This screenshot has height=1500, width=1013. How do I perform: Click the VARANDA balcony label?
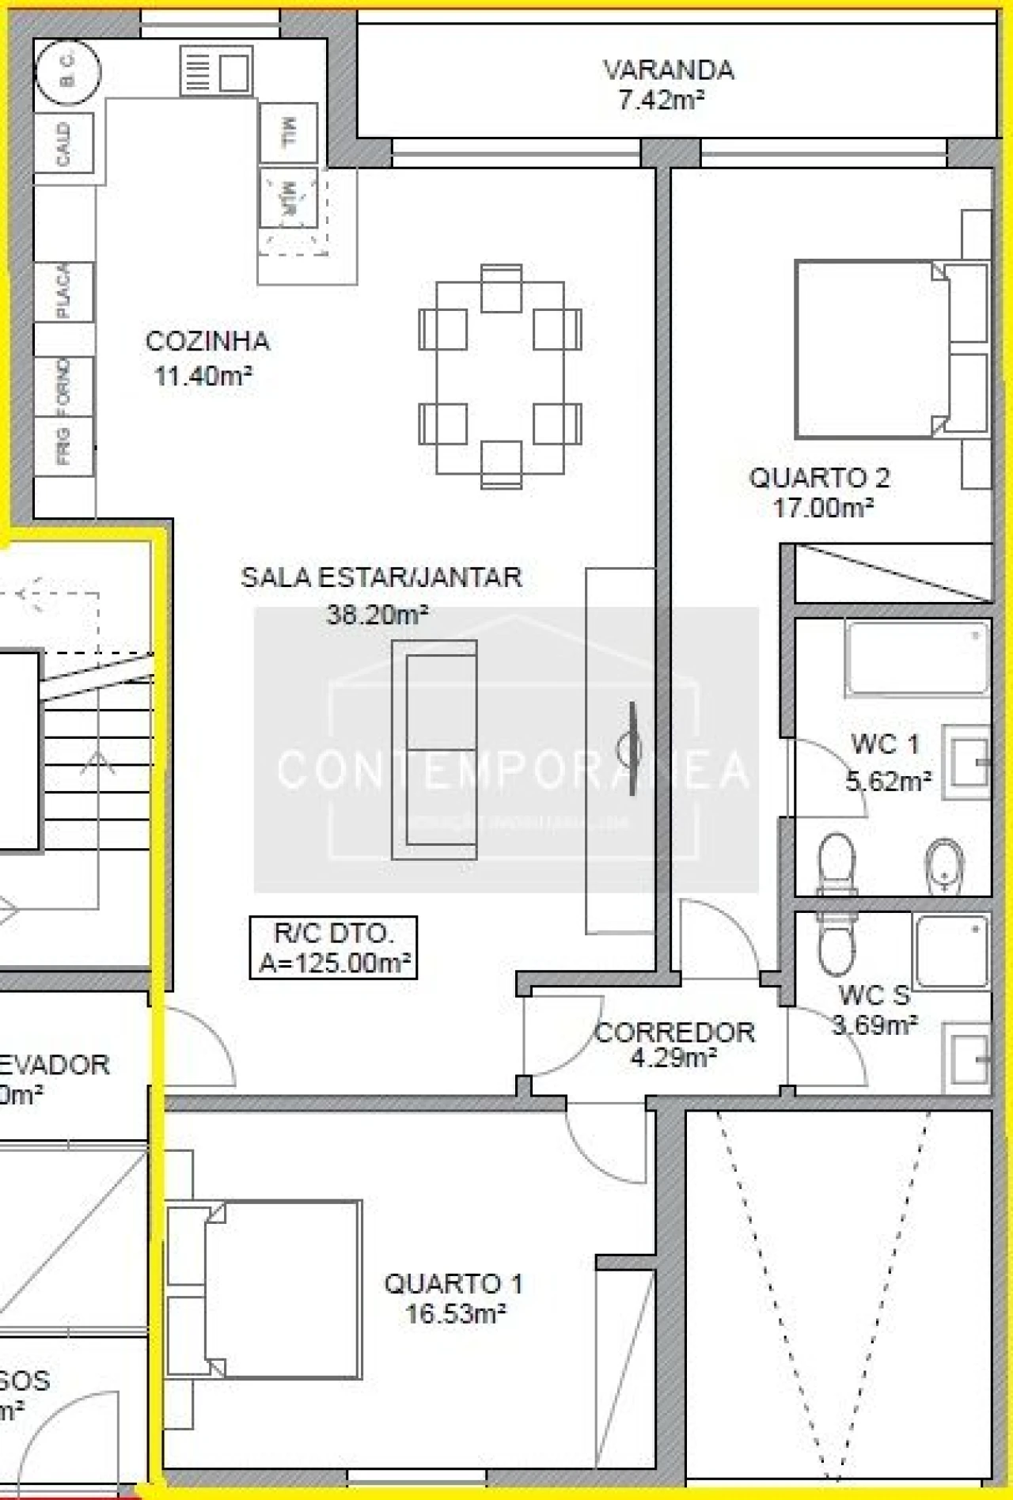[669, 70]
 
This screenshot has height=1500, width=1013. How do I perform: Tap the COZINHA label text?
[207, 342]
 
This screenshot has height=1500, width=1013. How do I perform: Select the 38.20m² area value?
[378, 614]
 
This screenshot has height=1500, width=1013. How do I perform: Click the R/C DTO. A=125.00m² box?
[333, 948]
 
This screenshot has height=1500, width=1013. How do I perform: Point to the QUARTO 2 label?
[819, 478]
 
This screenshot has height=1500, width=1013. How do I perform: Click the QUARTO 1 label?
[453, 1283]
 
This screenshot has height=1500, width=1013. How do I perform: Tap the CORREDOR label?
[674, 1032]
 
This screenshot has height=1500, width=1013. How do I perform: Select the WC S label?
[874, 994]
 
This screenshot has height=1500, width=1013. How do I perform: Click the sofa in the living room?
[434, 749]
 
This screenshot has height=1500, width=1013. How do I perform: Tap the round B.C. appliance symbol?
[67, 72]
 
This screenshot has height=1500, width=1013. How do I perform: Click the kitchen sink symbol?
[216, 70]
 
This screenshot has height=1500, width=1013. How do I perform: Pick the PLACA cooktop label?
[64, 291]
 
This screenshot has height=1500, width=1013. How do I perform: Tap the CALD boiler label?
[64, 143]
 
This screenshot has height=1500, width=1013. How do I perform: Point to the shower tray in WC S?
[951, 952]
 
